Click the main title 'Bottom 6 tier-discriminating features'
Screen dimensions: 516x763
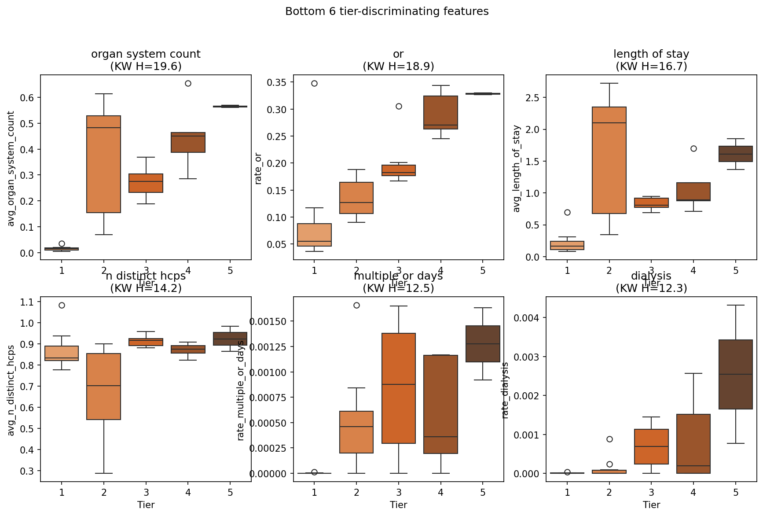pos(387,11)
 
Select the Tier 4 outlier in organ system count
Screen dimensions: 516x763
pos(188,84)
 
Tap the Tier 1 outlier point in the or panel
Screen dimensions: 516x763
pos(314,84)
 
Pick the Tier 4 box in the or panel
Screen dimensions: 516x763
pos(440,112)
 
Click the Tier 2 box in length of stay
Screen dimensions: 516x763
pos(609,160)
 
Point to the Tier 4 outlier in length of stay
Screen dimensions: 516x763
pos(693,149)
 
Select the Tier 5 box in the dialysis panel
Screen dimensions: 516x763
pos(735,374)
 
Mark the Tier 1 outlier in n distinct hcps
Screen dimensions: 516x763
pos(62,306)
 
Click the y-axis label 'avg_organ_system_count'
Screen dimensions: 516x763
pos(11,169)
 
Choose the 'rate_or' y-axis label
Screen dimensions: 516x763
pos(258,169)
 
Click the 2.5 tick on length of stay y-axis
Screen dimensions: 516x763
pos(533,98)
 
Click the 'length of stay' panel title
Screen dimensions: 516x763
pos(651,54)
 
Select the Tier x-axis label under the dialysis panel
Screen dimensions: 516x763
pos(651,505)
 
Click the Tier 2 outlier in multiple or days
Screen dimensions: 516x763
pos(356,306)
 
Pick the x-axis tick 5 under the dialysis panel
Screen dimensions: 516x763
pos(736,492)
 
